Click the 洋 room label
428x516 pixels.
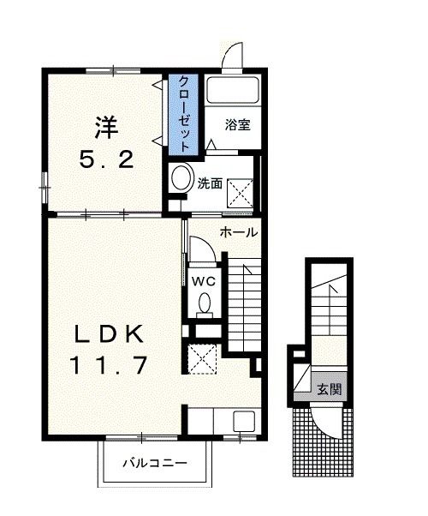106,128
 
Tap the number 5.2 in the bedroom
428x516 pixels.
106,159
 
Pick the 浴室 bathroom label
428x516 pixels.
237,125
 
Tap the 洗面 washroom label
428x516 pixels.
210,183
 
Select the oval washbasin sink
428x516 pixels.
181,180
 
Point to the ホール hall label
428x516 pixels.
238,232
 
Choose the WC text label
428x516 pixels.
205,280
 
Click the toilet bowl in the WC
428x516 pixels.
205,303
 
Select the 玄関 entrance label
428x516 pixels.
330,389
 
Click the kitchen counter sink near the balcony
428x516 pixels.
244,422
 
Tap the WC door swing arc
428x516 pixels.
202,249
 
